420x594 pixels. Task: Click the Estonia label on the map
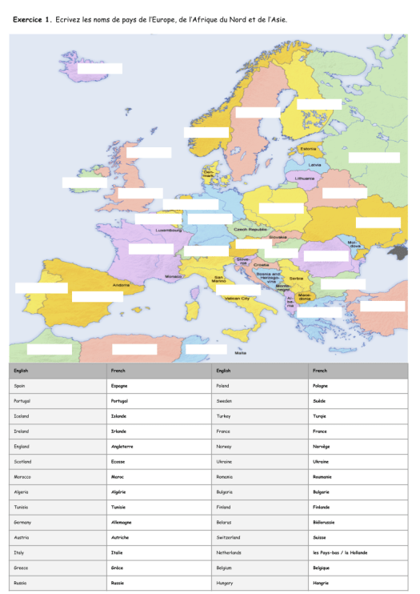pos(308,149)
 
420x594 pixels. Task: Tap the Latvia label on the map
pos(314,165)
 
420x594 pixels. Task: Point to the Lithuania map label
pos(305,178)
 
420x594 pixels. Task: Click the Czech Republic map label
pos(250,229)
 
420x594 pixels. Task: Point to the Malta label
pos(240,353)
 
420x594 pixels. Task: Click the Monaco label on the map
pos(174,276)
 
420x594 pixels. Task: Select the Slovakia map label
pos(278,237)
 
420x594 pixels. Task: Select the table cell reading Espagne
pos(118,386)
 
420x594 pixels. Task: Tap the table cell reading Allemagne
pos(122,522)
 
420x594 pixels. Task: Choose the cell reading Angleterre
pos(122,447)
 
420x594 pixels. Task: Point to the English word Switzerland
pos(228,537)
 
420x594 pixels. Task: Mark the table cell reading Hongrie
pos(321,583)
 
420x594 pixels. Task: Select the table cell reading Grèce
pos(117,568)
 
